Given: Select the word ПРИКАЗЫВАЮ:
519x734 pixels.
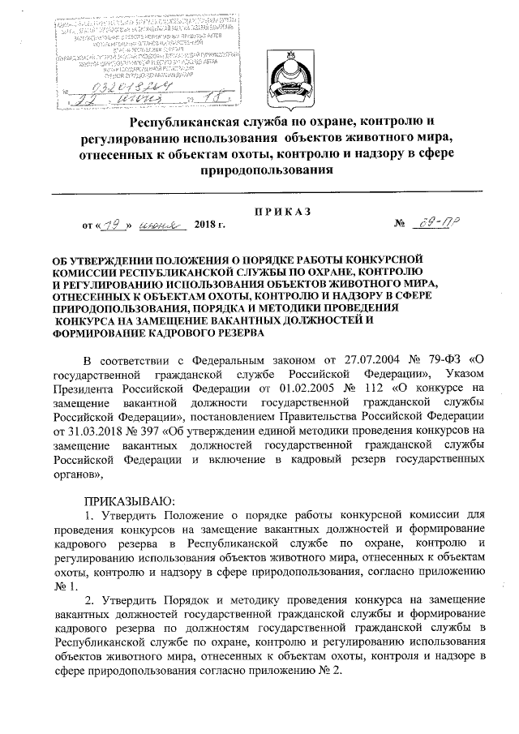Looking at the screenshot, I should (x=129, y=499).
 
